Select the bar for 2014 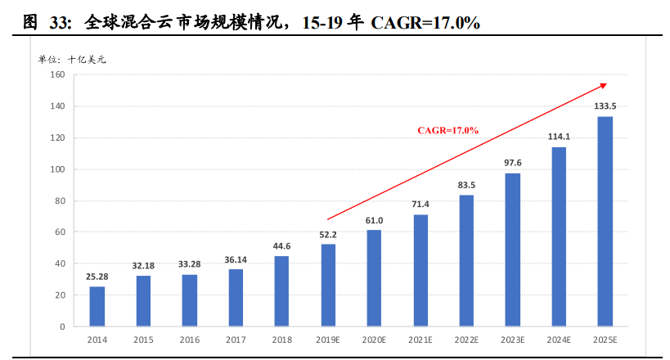[97, 307]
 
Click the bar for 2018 [281, 291]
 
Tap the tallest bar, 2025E [605, 221]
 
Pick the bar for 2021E [420, 270]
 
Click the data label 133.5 [605, 106]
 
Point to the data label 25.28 [97, 276]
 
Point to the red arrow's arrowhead [604, 84]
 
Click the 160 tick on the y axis [57, 74]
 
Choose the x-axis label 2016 [189, 339]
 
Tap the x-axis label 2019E [328, 339]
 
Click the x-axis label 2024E [559, 339]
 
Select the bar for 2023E [513, 250]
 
